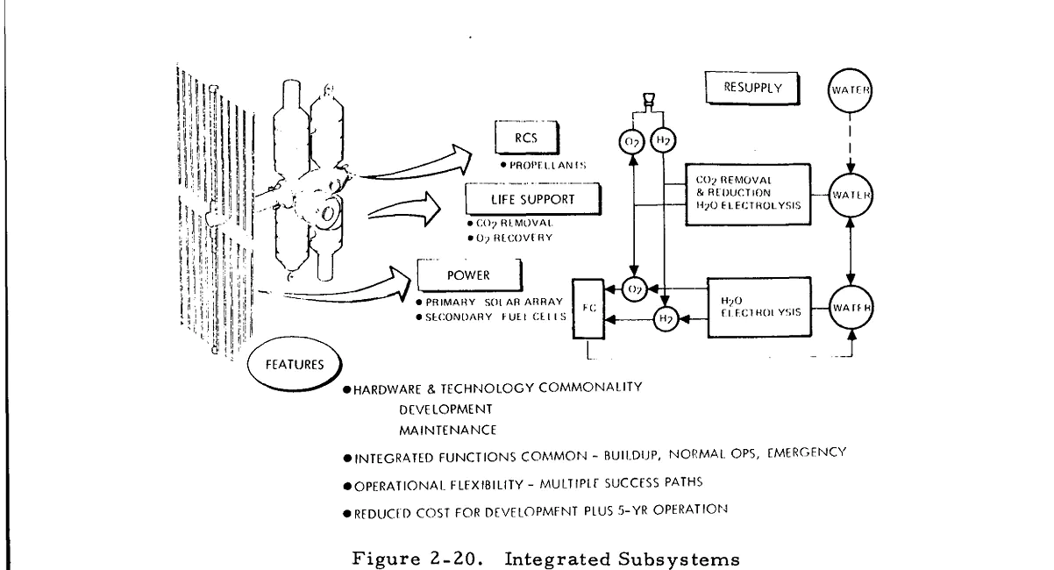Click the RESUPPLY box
point(751,88)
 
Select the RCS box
point(526,138)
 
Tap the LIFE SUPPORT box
point(533,199)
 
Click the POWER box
point(470,275)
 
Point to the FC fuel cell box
point(588,309)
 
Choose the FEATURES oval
point(295,364)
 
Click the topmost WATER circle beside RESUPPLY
point(850,90)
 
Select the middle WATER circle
point(851,195)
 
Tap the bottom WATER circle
point(851,307)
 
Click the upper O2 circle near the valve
point(631,142)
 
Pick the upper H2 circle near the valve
point(663,140)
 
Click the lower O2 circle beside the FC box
point(634,289)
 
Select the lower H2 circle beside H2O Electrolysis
point(666,319)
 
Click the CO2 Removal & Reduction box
point(748,195)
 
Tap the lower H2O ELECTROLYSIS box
point(759,307)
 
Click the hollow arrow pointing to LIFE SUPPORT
point(404,209)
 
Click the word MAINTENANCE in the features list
point(448,431)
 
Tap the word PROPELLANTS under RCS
point(548,165)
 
